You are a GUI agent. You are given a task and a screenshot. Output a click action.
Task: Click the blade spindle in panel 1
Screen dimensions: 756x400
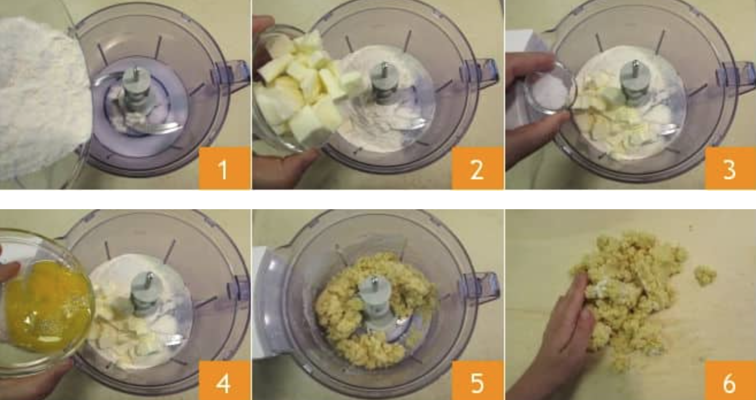pos(136,89)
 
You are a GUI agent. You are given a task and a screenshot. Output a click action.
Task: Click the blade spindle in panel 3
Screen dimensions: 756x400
pos(635,81)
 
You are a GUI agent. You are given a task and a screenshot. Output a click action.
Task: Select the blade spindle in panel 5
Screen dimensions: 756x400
pos(375,300)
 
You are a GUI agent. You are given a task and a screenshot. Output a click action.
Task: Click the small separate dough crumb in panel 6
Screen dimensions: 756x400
pos(705,275)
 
